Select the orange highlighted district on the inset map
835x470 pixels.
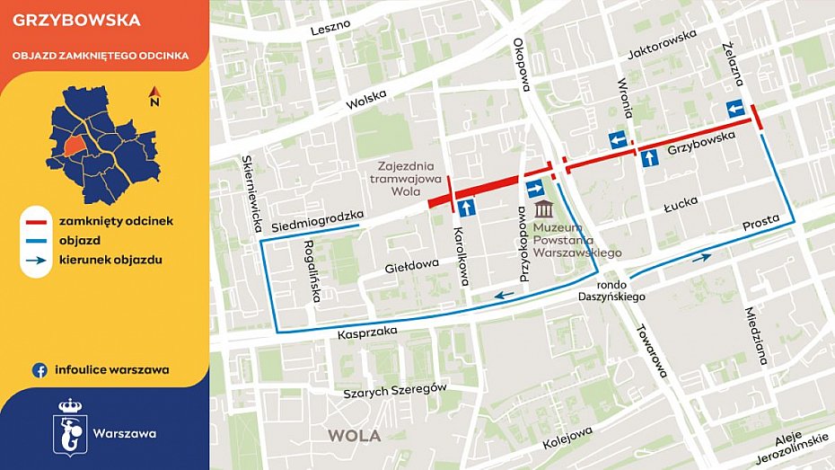click(75, 146)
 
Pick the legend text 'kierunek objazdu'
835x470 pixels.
click(110, 261)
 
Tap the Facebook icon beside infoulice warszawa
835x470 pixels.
click(40, 369)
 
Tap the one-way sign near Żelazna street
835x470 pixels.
click(735, 110)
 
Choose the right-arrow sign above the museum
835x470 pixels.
click(534, 188)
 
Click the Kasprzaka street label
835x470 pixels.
click(367, 333)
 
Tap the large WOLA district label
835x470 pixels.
click(354, 435)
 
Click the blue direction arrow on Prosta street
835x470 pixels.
click(701, 257)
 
